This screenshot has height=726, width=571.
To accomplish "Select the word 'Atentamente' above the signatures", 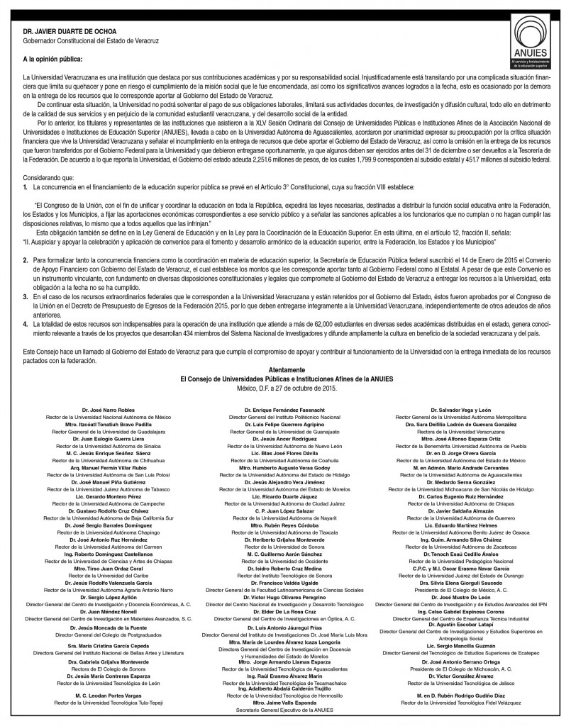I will point(285,371).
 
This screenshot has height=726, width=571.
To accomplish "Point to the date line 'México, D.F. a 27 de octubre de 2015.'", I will point(285,388).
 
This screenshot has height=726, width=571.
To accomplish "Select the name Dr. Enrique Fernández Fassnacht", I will point(286,411).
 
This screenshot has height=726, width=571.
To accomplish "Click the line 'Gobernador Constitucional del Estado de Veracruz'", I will point(91,41).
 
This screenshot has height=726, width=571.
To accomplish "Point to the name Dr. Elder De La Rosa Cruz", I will point(286,610).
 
